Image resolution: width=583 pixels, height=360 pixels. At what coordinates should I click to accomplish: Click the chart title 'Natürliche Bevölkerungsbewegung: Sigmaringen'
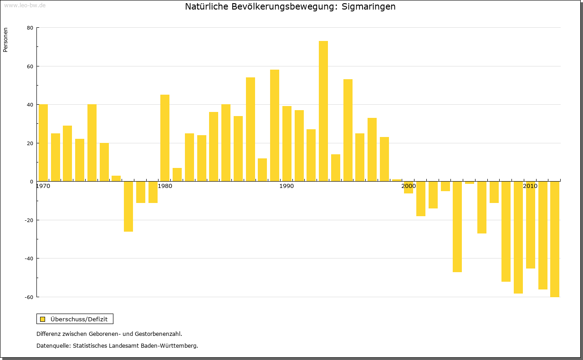pos(290,7)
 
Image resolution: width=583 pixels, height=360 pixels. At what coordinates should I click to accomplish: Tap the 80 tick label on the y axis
pos(30,28)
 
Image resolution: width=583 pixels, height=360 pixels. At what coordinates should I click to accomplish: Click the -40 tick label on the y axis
pos(29,259)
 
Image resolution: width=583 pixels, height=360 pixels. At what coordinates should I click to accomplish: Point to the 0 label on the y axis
pos(31,182)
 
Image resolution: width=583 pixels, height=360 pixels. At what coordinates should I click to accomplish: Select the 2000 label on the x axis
pos(409,186)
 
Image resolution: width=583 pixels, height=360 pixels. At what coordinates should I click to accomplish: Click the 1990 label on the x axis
pos(286,186)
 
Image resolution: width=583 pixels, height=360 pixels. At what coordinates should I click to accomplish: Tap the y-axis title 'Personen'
pos(5,40)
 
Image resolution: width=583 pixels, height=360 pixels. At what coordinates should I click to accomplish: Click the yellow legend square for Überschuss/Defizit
pos(43,319)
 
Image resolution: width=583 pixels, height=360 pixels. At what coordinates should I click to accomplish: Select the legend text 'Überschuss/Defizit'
pos(79,319)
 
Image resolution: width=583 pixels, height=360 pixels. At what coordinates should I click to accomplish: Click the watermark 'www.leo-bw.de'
pos(25,5)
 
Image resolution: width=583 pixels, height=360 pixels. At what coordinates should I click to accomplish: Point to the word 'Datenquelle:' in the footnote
pos(53,345)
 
